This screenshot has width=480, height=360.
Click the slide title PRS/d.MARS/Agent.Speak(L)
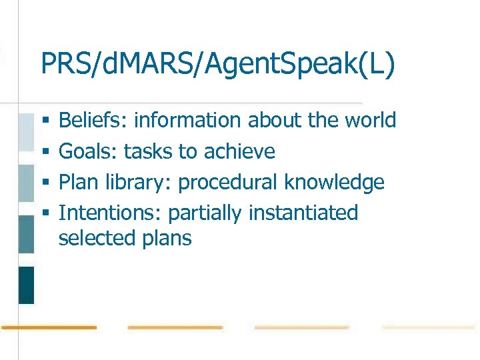[217, 64]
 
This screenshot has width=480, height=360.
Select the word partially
[205, 213]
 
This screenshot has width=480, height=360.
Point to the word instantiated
[303, 213]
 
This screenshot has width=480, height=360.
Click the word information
[187, 120]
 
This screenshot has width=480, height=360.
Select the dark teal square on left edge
[26, 285]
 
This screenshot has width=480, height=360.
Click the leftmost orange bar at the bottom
[49, 327]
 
